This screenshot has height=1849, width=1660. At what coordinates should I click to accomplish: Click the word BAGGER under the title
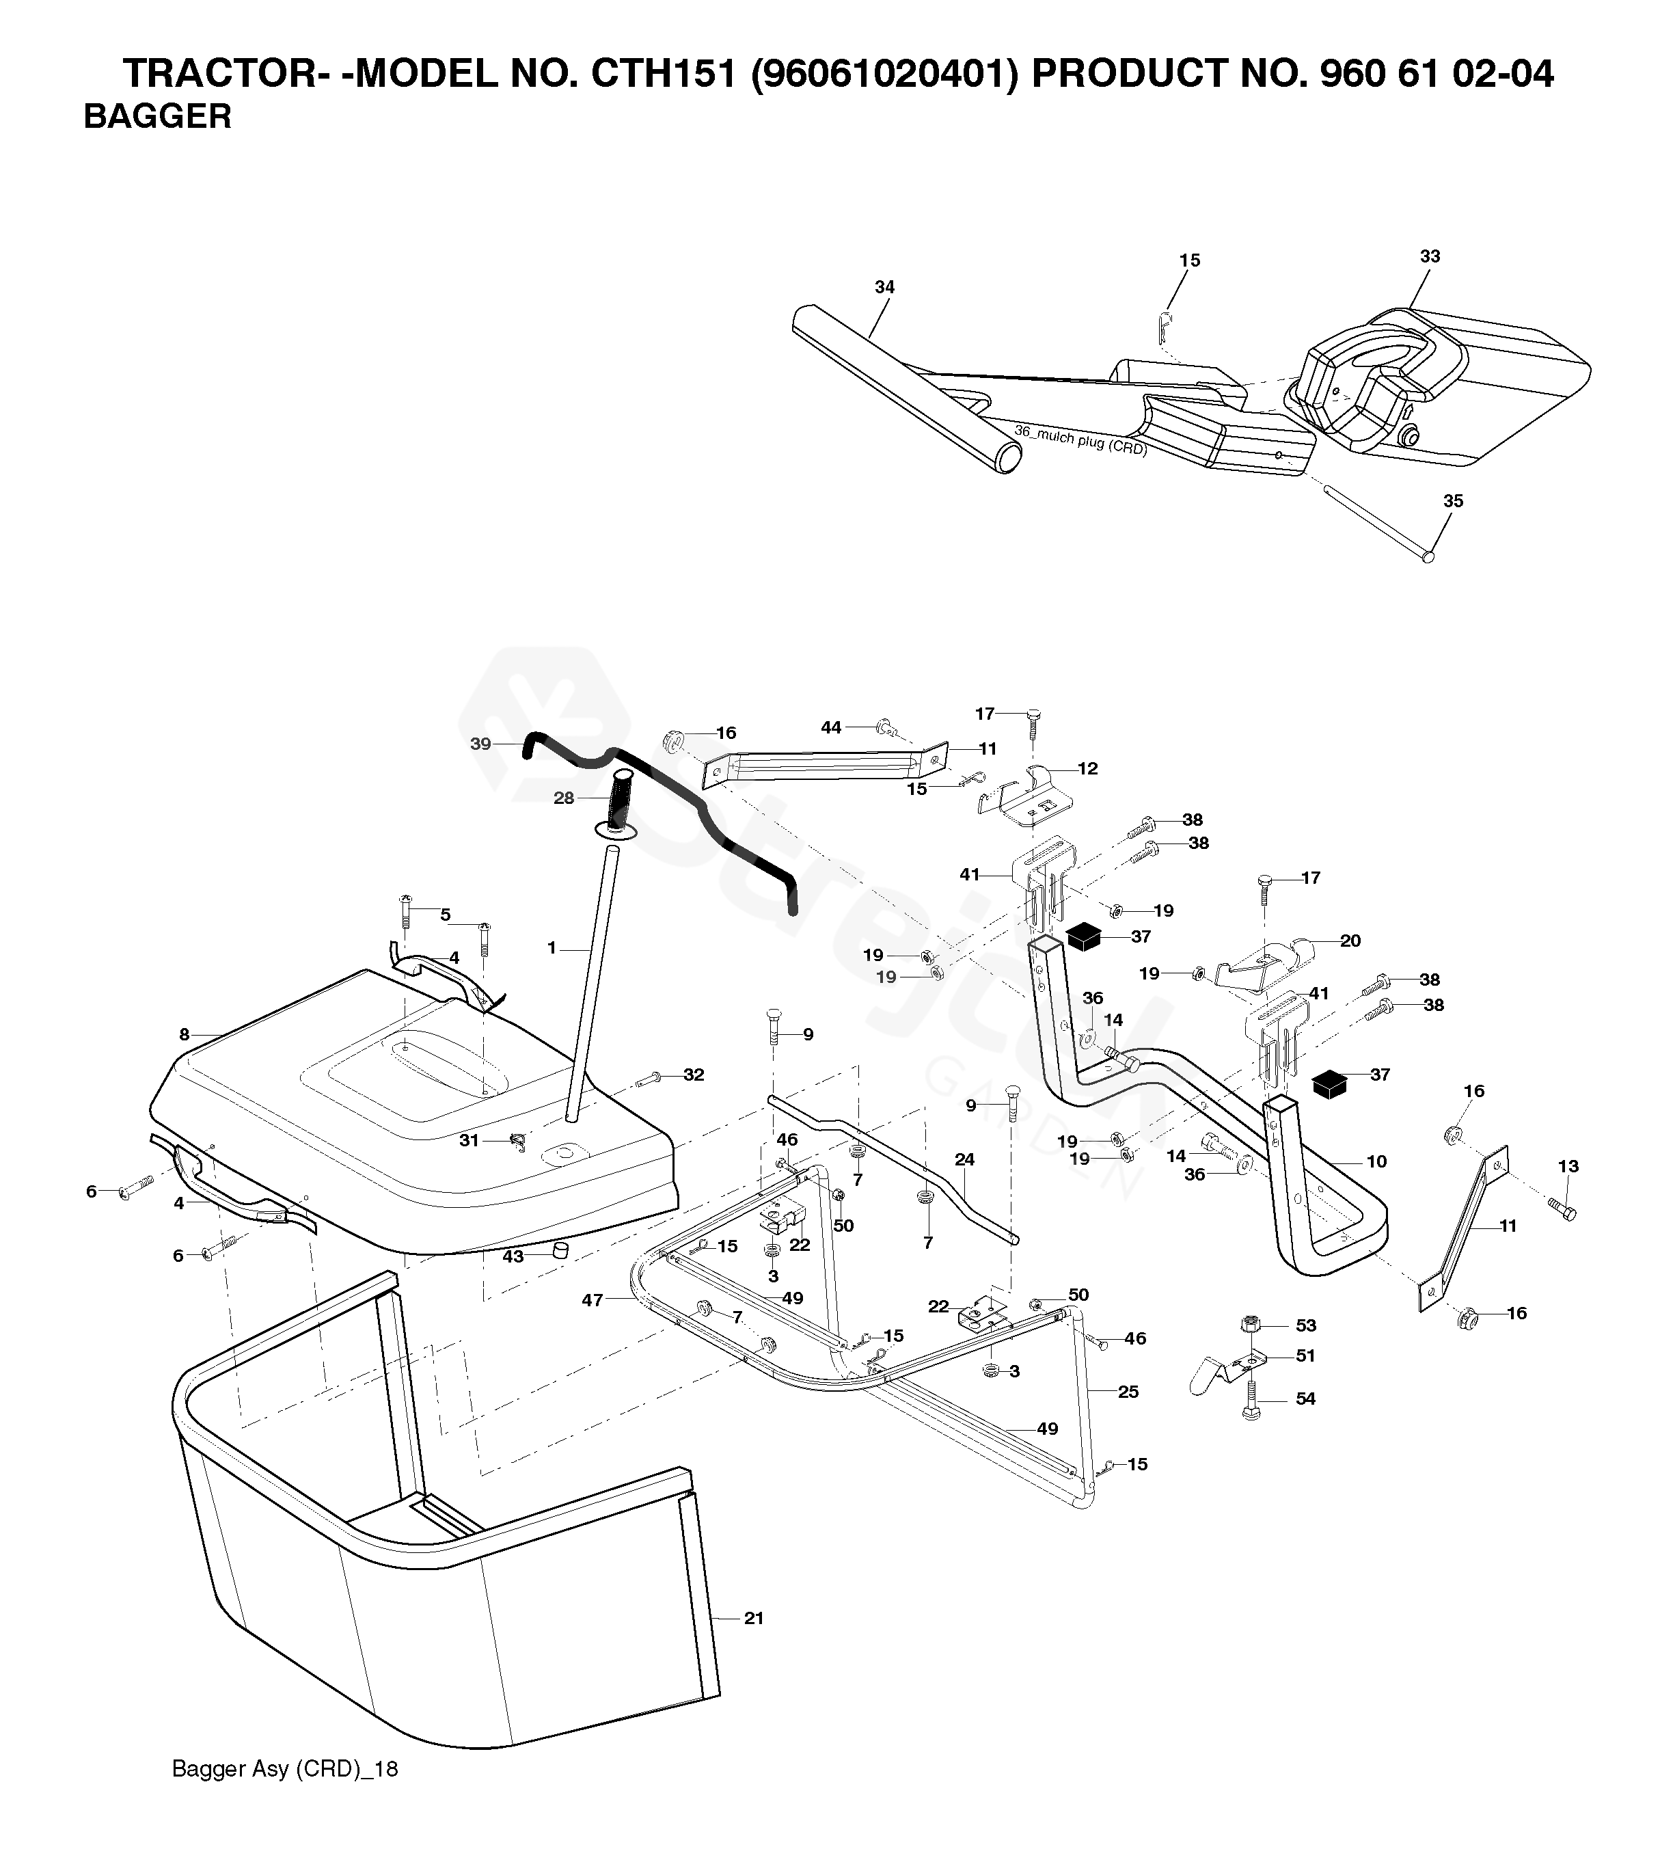tap(157, 117)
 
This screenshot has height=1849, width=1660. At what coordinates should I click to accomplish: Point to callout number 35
tap(1453, 501)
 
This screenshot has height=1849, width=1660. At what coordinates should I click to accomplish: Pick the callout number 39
tap(480, 744)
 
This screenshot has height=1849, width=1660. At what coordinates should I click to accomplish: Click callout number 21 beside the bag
tap(753, 1618)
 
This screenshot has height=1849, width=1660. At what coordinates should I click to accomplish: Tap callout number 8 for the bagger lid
tap(185, 1034)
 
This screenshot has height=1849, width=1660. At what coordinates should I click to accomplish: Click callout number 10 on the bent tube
tap(1376, 1161)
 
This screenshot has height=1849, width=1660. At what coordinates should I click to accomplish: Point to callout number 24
tap(964, 1159)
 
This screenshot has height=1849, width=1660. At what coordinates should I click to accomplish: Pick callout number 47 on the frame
tap(593, 1300)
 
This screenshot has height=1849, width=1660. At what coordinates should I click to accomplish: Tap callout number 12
tap(1087, 768)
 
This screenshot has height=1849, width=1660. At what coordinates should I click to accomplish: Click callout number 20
tap(1350, 941)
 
